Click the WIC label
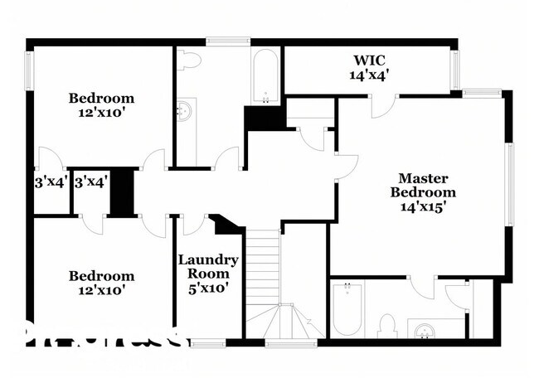pos(370,61)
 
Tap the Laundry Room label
pos(208,267)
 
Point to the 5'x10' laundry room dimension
pos(208,288)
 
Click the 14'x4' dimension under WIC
pos(370,75)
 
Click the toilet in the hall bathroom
pos(187,59)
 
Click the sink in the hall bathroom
pos(186,110)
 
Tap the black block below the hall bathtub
pos(263,119)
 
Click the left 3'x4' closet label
pos(50,182)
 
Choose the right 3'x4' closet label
pos(90,182)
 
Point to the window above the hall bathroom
pos(228,40)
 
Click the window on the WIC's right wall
pos(454,70)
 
